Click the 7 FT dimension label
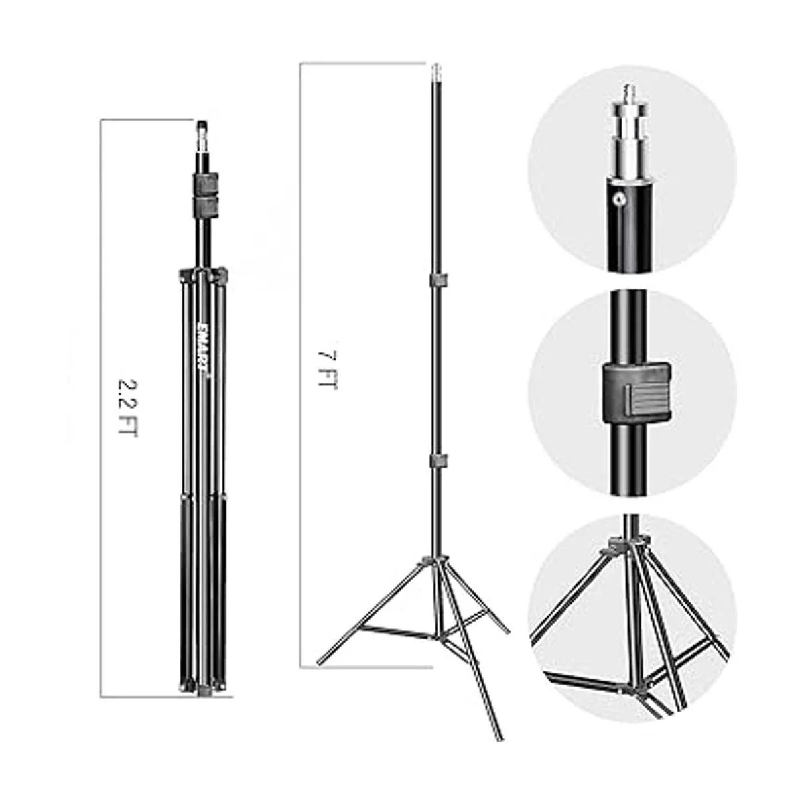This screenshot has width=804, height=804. pyautogui.click(x=327, y=370)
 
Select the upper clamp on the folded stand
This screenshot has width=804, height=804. pyautogui.click(x=203, y=181)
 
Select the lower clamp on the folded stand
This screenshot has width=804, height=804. pyautogui.click(x=203, y=205)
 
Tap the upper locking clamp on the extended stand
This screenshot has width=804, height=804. pyautogui.click(x=438, y=280)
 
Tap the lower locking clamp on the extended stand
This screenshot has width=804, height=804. pyautogui.click(x=438, y=462)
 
